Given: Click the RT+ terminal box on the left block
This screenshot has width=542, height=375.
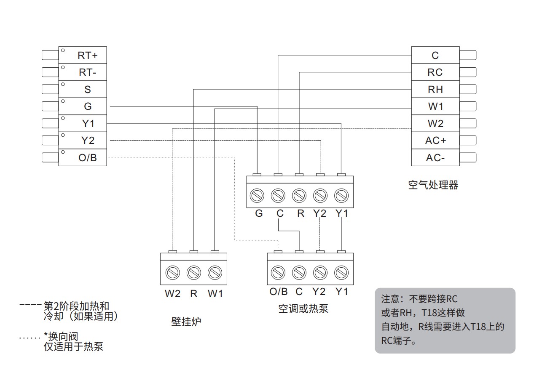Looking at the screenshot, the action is point(83,55).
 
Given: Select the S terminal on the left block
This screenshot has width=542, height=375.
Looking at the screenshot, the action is point(83,89).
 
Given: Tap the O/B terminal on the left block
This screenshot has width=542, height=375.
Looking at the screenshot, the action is point(83,157).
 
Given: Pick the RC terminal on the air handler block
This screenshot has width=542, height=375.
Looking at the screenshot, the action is point(435,72).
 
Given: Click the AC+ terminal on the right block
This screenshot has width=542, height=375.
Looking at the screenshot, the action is point(435,141).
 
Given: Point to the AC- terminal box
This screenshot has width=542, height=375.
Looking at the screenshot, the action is point(435,157).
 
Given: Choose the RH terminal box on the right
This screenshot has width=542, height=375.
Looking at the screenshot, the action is point(435,89).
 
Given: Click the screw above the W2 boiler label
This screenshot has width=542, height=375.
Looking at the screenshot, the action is point(172,273).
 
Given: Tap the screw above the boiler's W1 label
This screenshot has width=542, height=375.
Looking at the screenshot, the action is point(215,273).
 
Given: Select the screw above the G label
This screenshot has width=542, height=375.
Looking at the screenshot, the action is point(257,195).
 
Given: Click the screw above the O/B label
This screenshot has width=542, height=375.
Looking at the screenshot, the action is point(278,273).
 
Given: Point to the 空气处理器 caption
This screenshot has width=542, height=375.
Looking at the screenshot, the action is point(433,185).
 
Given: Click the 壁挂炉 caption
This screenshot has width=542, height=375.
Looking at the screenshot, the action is point(186,322).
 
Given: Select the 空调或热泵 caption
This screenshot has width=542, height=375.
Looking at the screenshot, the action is point(303,309).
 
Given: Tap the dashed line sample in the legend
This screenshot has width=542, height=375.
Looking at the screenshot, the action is point(30,304).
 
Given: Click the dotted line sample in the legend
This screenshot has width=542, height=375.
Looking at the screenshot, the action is point(30,338).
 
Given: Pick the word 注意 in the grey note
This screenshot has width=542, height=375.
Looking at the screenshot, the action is point(390,299).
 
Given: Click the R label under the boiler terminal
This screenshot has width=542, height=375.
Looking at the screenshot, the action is point(193,294).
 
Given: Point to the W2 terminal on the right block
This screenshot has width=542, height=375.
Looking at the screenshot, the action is point(435,123).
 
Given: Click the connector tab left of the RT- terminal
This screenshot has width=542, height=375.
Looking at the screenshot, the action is point(50,72).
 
